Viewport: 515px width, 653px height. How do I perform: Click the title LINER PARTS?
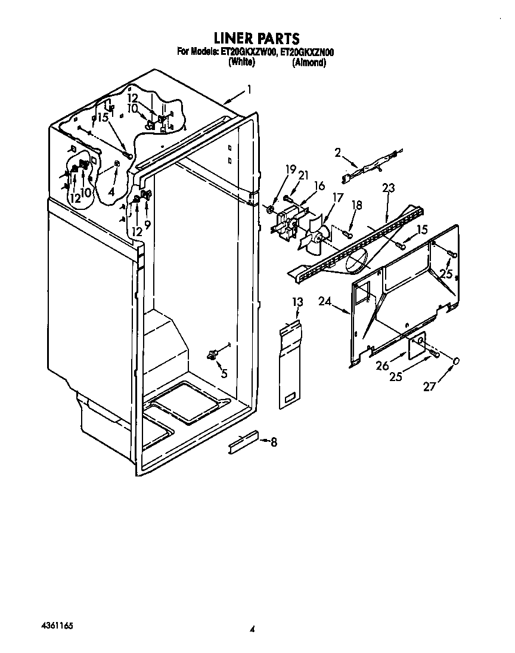(x=257, y=41)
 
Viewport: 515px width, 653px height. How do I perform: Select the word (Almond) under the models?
(x=309, y=61)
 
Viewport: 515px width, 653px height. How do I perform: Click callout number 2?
(x=337, y=153)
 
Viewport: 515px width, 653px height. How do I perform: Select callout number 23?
(x=389, y=188)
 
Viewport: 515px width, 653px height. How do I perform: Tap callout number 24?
(x=324, y=302)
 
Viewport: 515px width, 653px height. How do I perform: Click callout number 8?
(x=274, y=442)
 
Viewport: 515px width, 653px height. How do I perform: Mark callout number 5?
(x=224, y=374)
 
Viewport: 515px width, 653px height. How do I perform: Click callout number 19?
(x=290, y=170)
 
